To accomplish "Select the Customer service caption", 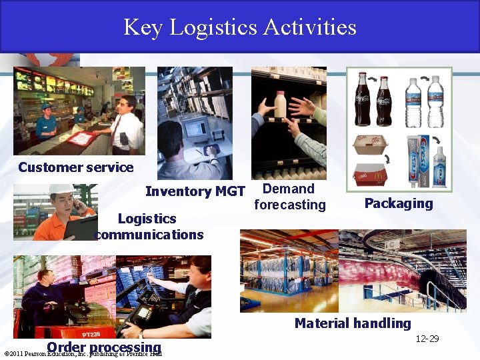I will pyautogui.click(x=75, y=167).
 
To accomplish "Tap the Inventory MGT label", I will pyautogui.click(x=195, y=191).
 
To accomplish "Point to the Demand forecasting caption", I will pyautogui.click(x=289, y=197).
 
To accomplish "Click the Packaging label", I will pyautogui.click(x=398, y=203).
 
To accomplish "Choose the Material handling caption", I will pyautogui.click(x=353, y=323).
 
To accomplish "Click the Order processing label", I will pyautogui.click(x=104, y=347).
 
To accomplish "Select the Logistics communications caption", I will pyautogui.click(x=149, y=227).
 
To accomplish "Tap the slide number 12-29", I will pyautogui.click(x=427, y=339).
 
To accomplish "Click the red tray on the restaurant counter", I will pyautogui.click(x=81, y=138).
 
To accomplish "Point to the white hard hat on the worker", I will pyautogui.click(x=61, y=190).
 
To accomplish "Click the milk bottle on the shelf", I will pyautogui.click(x=281, y=104).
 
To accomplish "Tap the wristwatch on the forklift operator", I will pyautogui.click(x=141, y=334).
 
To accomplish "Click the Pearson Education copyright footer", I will pyautogui.click(x=83, y=354).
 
